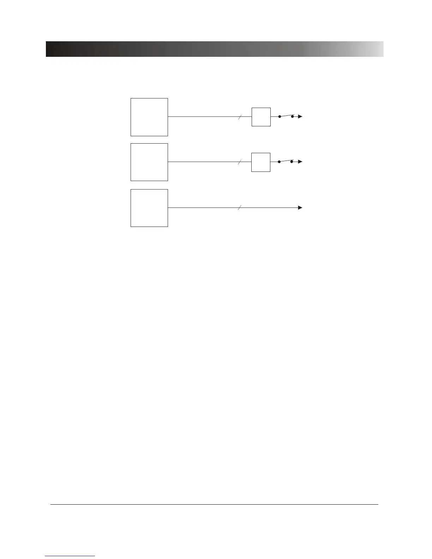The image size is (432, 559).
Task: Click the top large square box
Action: coord(149,117)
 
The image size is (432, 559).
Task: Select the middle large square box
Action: coord(149,162)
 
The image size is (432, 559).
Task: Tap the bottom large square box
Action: coord(149,208)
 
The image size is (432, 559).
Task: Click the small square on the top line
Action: coord(261,117)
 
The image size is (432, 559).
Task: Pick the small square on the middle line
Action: coord(261,162)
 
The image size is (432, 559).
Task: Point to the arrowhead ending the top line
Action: coord(300,116)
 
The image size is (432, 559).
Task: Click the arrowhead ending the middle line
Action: coord(300,162)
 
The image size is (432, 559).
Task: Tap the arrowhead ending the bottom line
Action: coord(300,208)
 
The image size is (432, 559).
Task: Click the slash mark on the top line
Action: coord(240,117)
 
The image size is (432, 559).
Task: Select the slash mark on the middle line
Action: coord(240,162)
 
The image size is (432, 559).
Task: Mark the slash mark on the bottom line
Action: coord(240,208)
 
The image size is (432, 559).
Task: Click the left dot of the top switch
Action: coord(280,116)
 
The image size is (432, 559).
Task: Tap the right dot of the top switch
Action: coord(292,116)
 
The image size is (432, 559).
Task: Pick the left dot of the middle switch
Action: coord(279,162)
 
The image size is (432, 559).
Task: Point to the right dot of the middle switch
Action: coord(292,161)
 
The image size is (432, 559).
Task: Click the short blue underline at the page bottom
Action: coord(70,556)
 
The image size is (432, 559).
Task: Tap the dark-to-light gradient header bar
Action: coord(215,49)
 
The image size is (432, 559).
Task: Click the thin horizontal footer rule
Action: coord(214,504)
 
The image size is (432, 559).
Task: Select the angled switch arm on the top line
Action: coord(286,115)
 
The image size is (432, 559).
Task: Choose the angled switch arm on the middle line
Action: coord(286,161)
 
